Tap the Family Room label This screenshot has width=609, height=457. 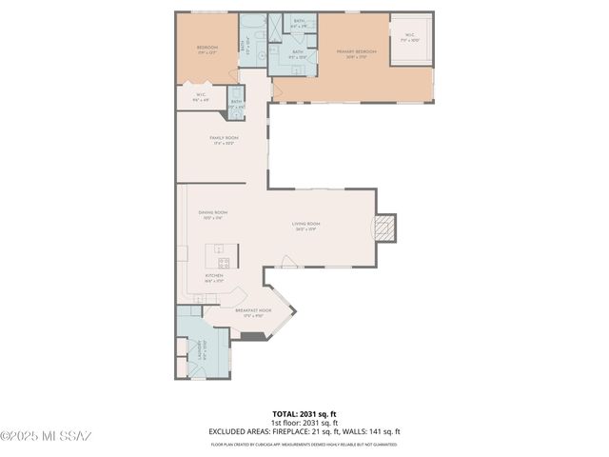click(224, 138)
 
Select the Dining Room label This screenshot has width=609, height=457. click(212, 213)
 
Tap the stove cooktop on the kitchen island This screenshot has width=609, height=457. click(224, 261)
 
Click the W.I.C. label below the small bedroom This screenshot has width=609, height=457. click(202, 94)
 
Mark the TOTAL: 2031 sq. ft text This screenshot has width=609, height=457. click(304, 414)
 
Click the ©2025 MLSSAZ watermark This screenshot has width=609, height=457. click(46, 437)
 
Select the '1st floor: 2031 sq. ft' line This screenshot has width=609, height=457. click(304, 423)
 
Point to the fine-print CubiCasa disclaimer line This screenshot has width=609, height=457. click(304, 445)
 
